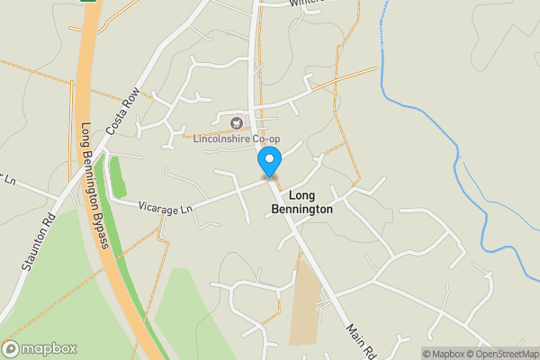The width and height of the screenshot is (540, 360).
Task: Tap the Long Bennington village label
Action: tap(301, 202)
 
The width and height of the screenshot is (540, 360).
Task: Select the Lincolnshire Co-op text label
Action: tap(238, 139)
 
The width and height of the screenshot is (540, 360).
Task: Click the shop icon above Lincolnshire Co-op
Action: tap(237, 122)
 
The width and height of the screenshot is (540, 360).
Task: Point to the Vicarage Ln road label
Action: tap(166, 207)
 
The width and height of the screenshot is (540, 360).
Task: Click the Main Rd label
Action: tap(359, 340)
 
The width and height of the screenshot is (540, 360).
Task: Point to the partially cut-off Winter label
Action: tap(306, 4)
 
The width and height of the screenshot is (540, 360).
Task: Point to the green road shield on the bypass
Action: tap(90, 3)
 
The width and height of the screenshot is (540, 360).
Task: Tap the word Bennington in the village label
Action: tap(301, 209)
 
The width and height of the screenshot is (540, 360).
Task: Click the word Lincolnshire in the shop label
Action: tap(224, 139)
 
